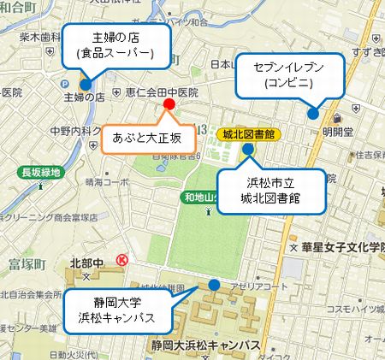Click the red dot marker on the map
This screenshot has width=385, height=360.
point(169,104)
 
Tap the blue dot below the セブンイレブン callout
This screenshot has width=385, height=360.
point(313,113)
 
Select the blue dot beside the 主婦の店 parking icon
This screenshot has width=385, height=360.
point(86,83)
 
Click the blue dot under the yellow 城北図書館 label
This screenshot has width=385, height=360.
point(247,150)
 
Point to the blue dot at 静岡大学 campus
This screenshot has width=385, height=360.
point(213,285)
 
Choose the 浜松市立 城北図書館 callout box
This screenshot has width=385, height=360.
point(272,192)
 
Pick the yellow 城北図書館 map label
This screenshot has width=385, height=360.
point(247,133)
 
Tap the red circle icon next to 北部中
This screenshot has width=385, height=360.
point(122,259)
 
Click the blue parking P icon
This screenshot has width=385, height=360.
point(68,84)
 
